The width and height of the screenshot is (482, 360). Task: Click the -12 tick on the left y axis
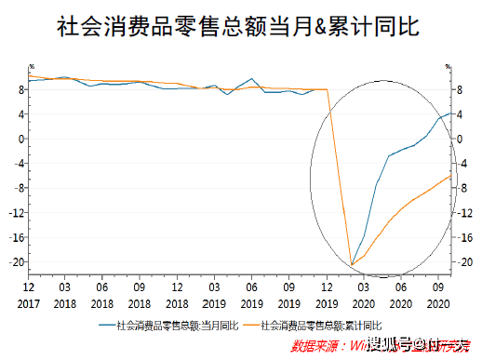point(17,212)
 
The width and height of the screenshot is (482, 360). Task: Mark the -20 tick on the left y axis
point(17,261)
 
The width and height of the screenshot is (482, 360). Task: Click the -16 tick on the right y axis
point(459,237)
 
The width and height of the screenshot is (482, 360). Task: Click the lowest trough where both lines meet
point(351,265)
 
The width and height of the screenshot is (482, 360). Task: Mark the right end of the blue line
point(451,113)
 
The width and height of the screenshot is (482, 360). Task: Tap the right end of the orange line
point(451,176)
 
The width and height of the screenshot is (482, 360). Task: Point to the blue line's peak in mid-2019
point(252,79)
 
